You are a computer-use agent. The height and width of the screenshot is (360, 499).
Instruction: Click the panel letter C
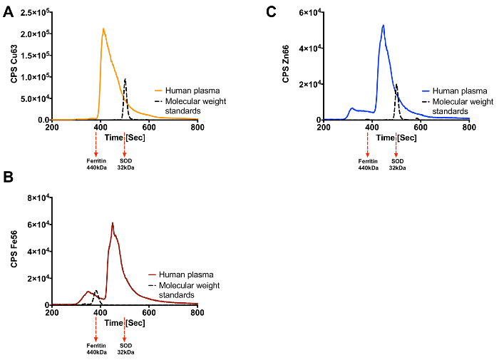pos(270,10)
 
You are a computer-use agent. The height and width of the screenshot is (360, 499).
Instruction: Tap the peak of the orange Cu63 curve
pos(103,29)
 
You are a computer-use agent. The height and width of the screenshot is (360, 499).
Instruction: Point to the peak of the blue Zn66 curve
pos(384,26)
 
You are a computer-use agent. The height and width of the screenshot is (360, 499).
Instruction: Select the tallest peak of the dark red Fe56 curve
pos(112,223)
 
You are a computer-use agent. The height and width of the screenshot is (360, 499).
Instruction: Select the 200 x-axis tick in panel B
pos(52,312)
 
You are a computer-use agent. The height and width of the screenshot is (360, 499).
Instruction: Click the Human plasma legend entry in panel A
pos(181,91)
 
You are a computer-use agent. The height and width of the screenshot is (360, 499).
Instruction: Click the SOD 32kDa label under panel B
pos(125,349)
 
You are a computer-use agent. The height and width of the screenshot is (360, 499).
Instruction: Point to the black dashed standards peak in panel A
pos(125,79)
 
